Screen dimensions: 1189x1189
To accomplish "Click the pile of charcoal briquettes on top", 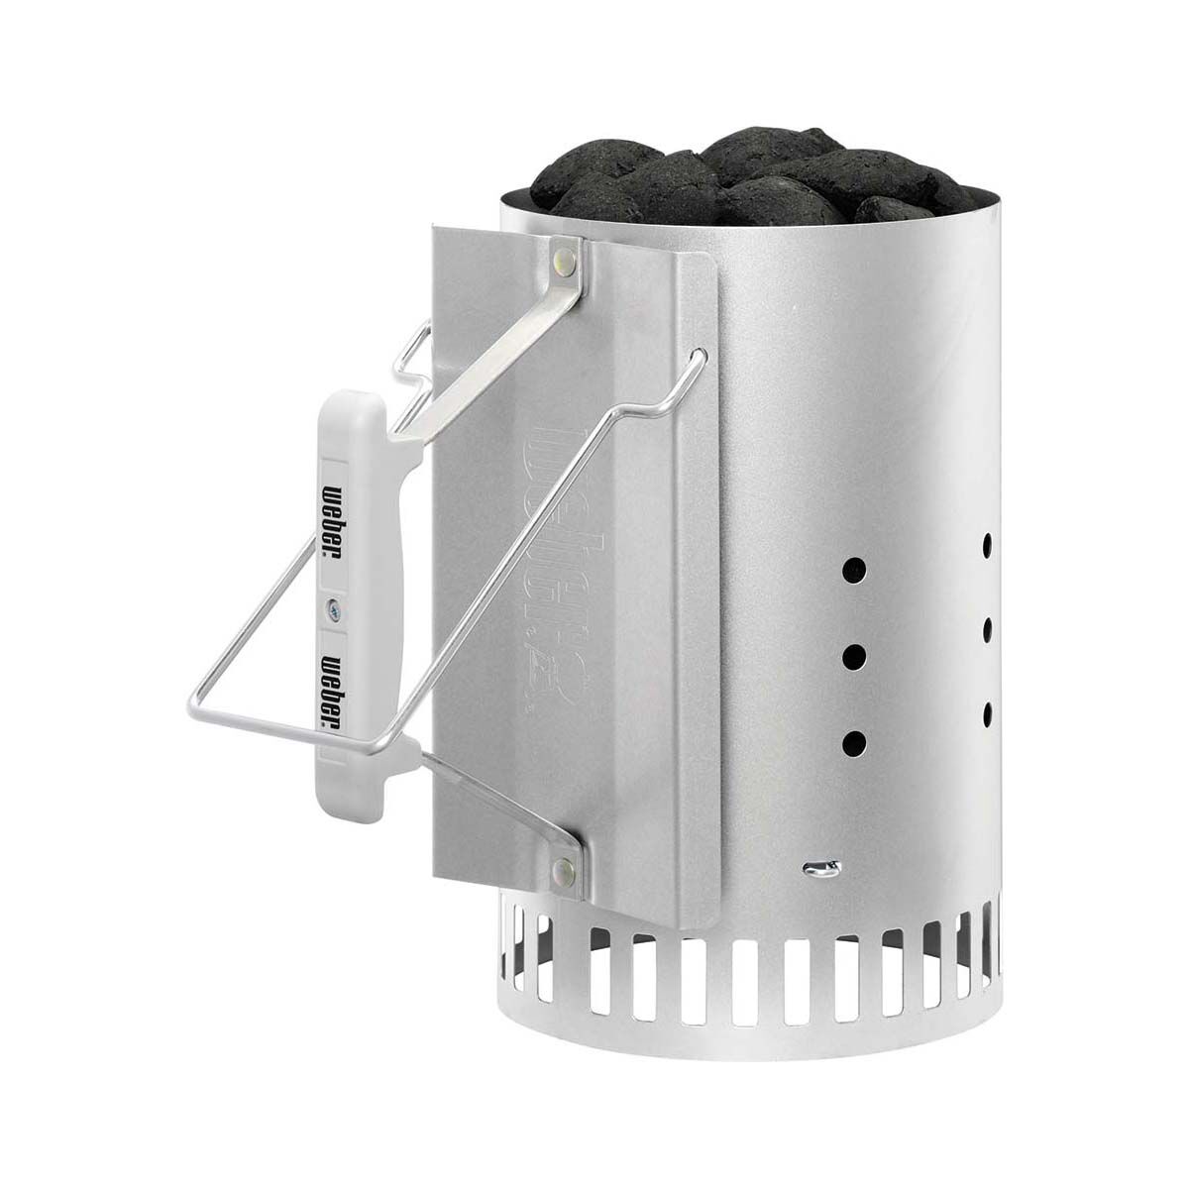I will (753, 178).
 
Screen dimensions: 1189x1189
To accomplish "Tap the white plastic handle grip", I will (335, 594).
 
